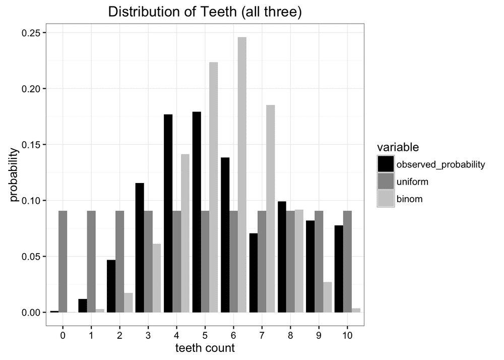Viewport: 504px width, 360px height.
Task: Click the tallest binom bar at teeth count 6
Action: click(242, 174)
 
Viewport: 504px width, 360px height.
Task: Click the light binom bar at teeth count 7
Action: click(271, 209)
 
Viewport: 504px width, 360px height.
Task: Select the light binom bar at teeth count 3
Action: click(157, 278)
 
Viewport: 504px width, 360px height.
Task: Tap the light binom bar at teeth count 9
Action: click(328, 297)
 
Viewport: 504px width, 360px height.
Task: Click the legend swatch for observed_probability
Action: click(386, 164)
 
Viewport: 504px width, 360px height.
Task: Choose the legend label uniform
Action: click(410, 181)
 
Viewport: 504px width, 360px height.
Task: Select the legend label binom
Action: click(409, 199)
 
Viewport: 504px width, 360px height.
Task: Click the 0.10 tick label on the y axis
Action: click(31, 201)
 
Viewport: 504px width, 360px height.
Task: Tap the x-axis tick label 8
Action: click(290, 334)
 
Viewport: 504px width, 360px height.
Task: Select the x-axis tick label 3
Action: click(148, 334)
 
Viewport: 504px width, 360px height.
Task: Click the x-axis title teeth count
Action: click(205, 348)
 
